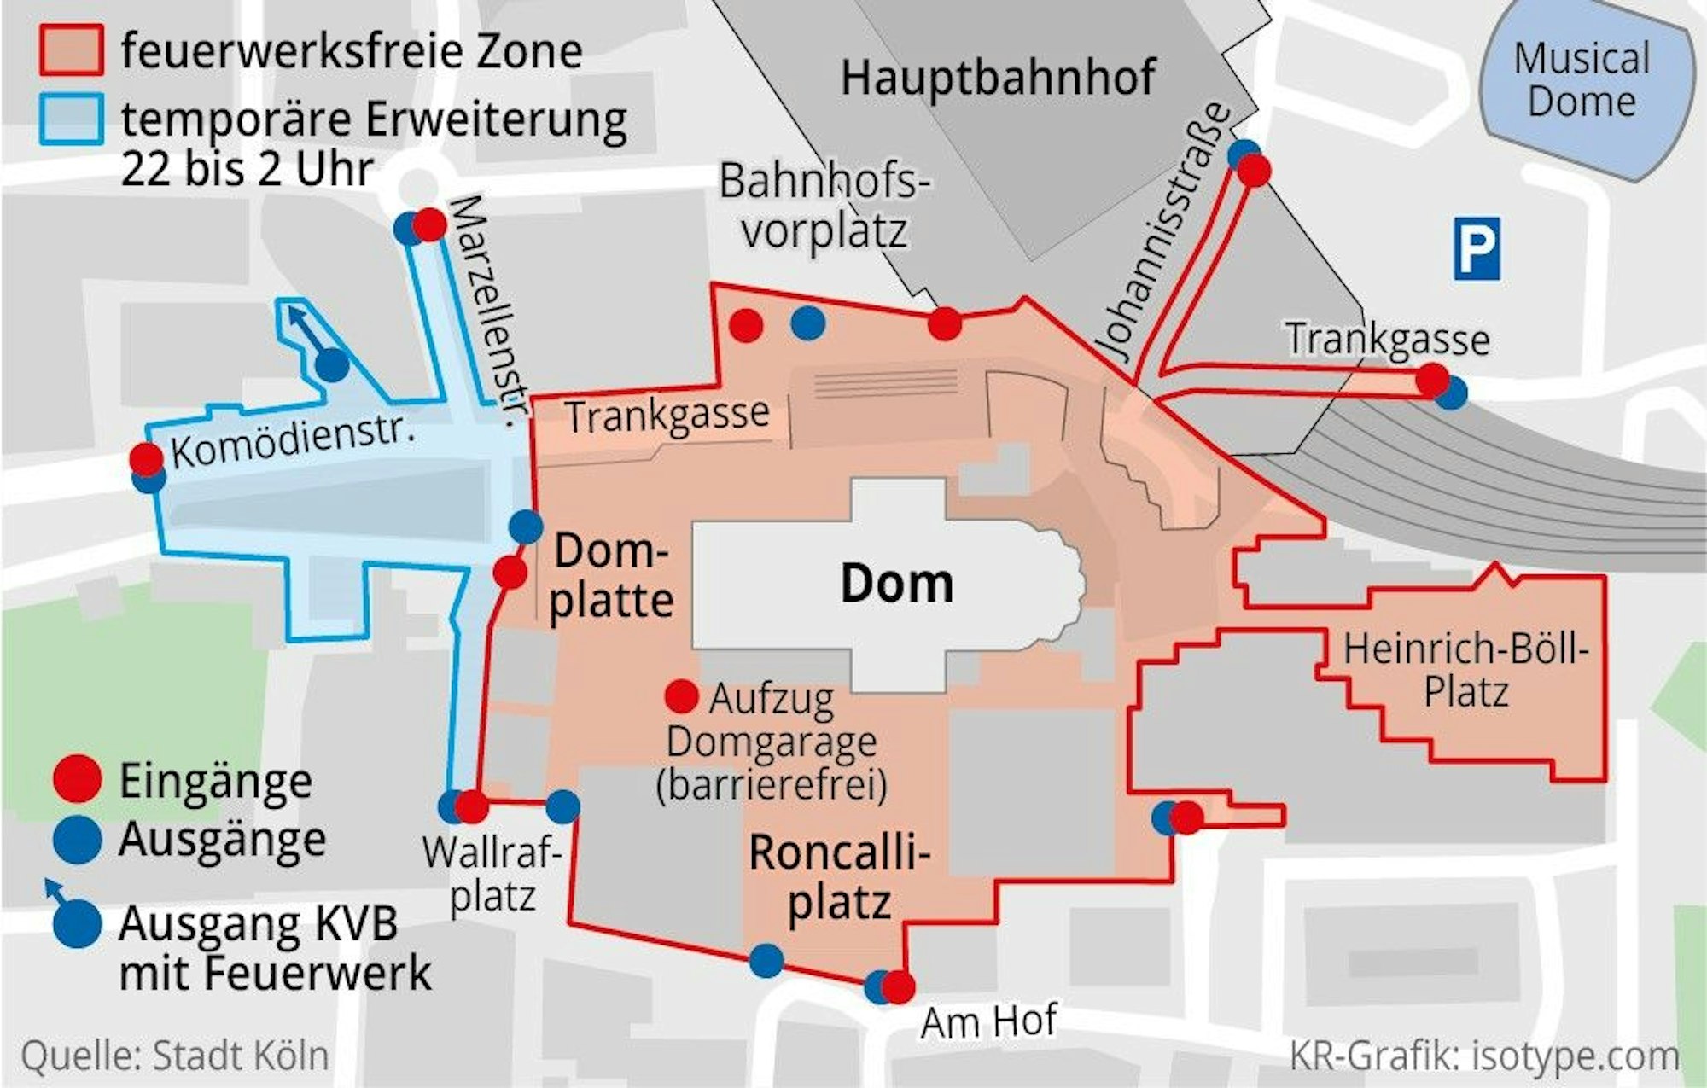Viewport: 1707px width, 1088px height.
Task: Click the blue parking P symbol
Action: (1476, 248)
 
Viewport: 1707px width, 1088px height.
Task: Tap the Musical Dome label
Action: (1582, 80)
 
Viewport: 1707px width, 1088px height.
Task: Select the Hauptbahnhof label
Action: (998, 78)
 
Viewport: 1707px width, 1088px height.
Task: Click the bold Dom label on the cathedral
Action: (896, 584)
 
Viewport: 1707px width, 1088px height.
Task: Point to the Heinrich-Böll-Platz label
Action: (1465, 671)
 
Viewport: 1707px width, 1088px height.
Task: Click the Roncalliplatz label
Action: (839, 877)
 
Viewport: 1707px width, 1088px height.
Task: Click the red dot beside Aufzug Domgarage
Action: (681, 696)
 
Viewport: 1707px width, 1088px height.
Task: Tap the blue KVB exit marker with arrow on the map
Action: (332, 365)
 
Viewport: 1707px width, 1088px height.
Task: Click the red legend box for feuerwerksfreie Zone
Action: (72, 50)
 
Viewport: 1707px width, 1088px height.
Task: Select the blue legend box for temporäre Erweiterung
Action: (72, 119)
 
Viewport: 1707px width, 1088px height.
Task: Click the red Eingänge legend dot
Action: (77, 779)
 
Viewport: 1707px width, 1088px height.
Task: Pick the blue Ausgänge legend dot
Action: (77, 839)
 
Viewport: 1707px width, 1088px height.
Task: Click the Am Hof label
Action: (987, 1021)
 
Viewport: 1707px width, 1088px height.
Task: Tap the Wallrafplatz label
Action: (492, 874)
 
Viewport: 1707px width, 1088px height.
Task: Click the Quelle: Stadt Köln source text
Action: (175, 1056)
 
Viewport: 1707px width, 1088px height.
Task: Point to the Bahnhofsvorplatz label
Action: (824, 206)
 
